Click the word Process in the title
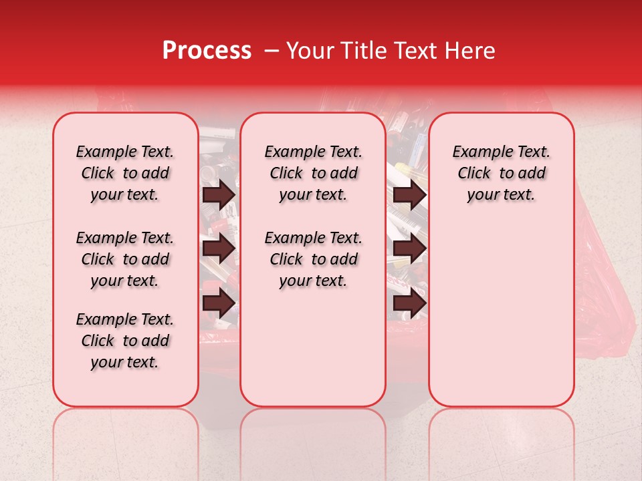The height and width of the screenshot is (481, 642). (207, 51)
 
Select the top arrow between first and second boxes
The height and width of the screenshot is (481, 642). (219, 194)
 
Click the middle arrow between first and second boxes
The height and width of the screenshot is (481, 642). (219, 249)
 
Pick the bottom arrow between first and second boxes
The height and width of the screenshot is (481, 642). (219, 304)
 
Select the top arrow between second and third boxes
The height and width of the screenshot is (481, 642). (410, 194)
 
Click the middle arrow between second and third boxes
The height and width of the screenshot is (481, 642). (410, 249)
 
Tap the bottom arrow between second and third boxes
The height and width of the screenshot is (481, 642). (410, 304)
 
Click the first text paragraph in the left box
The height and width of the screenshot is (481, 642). (125, 173)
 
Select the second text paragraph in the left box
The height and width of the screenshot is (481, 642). (125, 259)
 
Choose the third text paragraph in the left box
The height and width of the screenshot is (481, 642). (125, 341)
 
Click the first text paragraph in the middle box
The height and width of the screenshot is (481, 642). (314, 173)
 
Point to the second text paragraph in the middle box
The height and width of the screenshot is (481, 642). (314, 259)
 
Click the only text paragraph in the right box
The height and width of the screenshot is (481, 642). (502, 173)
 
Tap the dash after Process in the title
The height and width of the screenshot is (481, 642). (272, 51)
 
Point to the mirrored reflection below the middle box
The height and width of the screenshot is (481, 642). (313, 441)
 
